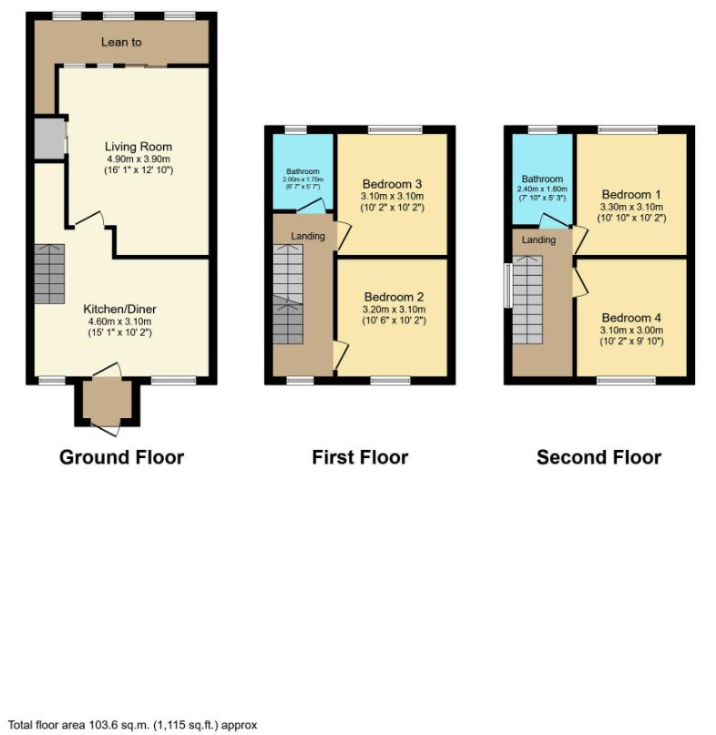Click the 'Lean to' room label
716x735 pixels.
click(x=121, y=42)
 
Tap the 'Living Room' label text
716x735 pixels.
click(x=138, y=147)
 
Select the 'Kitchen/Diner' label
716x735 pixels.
click(x=118, y=309)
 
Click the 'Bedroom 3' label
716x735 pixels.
click(x=392, y=183)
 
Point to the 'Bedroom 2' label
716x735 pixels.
click(x=394, y=297)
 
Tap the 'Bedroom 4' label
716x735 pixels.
click(x=631, y=318)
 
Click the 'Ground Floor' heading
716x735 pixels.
click(x=121, y=457)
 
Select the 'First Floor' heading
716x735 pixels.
click(x=360, y=457)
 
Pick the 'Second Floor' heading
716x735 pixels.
click(x=598, y=457)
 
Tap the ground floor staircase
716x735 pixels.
click(x=50, y=274)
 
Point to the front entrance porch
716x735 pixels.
click(x=108, y=402)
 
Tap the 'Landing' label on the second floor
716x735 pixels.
click(x=538, y=240)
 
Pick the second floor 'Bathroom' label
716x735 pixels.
click(x=541, y=179)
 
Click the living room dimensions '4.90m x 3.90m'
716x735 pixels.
click(x=138, y=158)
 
